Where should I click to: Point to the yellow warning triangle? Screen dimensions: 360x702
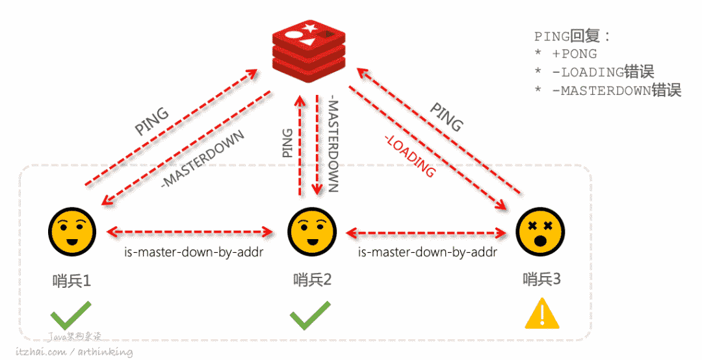point(542,315)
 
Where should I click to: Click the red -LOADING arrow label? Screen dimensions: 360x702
point(409,155)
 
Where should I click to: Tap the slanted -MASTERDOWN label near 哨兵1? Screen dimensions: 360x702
point(202,159)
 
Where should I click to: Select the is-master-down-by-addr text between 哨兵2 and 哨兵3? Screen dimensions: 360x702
point(428,251)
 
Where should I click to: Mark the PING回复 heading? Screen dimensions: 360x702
point(573,36)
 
